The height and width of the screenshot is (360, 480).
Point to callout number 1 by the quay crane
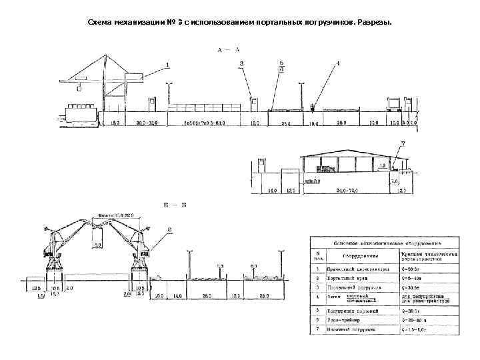167,65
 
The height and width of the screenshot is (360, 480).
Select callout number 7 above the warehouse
402,143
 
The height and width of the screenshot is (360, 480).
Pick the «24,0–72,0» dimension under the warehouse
347,191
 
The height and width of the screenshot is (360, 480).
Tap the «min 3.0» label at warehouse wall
311,181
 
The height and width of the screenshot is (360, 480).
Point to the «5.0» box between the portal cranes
97,245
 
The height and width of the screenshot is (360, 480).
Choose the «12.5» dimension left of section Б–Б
36,287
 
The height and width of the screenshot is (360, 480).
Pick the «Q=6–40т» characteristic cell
413,279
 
